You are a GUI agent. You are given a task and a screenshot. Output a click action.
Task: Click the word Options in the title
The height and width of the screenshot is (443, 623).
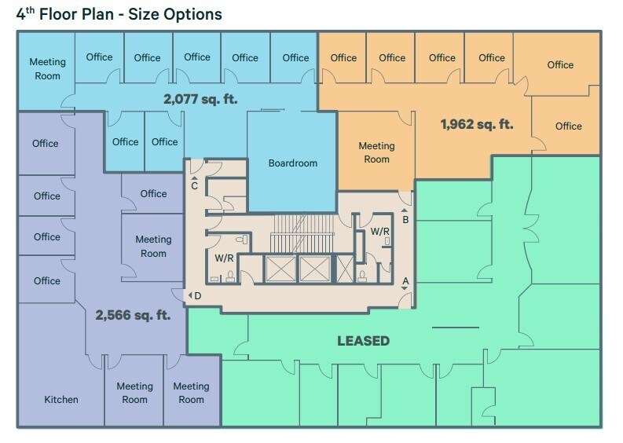pyautogui.click(x=193, y=14)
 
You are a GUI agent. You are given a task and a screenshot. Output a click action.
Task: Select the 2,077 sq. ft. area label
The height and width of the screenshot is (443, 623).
pyautogui.click(x=200, y=100)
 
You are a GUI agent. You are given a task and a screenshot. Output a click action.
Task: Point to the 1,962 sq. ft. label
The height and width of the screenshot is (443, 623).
pyautogui.click(x=477, y=123)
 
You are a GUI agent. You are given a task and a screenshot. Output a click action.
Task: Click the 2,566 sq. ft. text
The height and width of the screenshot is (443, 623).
pyautogui.click(x=133, y=315)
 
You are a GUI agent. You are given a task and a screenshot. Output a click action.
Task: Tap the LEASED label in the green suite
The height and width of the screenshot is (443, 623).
pyautogui.click(x=363, y=341)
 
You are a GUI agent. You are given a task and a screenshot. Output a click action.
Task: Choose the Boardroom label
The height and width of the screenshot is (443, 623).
pyautogui.click(x=292, y=163)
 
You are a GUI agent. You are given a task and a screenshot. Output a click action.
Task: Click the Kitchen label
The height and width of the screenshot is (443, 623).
pyautogui.click(x=60, y=400)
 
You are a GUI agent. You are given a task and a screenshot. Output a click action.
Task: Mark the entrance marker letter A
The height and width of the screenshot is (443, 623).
pyautogui.click(x=406, y=280)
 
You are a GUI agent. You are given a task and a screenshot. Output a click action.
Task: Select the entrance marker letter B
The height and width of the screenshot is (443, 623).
pyautogui.click(x=405, y=220)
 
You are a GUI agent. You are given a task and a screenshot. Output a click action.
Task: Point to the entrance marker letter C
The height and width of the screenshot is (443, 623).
pyautogui.click(x=194, y=186)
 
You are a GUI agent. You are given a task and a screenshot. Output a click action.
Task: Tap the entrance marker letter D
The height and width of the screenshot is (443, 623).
pyautogui.click(x=198, y=295)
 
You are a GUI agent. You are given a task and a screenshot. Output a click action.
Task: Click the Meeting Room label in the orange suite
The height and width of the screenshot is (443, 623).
pyautogui.click(x=376, y=152)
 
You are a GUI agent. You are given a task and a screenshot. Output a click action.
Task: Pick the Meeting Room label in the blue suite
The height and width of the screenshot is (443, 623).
pyautogui.click(x=47, y=69)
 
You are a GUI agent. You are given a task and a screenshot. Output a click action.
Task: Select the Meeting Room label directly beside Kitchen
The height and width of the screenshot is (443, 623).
pyautogui.click(x=134, y=393)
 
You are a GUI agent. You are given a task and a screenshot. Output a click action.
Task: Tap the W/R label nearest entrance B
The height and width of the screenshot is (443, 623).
pyautogui.click(x=380, y=232)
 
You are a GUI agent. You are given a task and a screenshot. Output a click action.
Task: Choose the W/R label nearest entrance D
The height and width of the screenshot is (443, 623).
pyautogui.click(x=224, y=258)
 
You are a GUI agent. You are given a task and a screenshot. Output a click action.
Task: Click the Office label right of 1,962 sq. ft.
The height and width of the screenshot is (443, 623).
pyautogui.click(x=568, y=126)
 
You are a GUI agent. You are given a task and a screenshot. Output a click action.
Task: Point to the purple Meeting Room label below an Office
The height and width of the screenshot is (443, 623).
pyautogui.click(x=153, y=246)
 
